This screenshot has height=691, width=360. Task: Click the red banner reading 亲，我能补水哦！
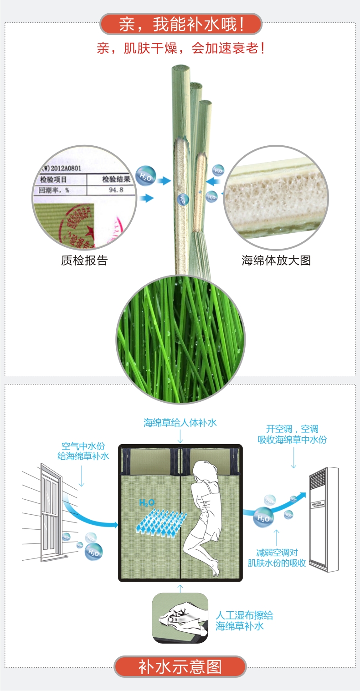pyautogui.click(x=181, y=24)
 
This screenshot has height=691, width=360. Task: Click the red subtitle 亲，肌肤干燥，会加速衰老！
pyautogui.click(x=181, y=48)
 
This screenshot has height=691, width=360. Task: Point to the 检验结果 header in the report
pyautogui.click(x=116, y=179)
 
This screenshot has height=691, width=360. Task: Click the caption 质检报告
pyautogui.click(x=84, y=261)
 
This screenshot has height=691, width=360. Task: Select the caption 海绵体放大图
pyautogui.click(x=276, y=261)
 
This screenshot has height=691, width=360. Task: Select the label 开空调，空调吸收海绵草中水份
pyautogui.click(x=292, y=435)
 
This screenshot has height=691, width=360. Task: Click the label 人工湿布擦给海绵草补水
pyautogui.click(x=244, y=620)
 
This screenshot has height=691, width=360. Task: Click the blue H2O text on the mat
pyautogui.click(x=147, y=503)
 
